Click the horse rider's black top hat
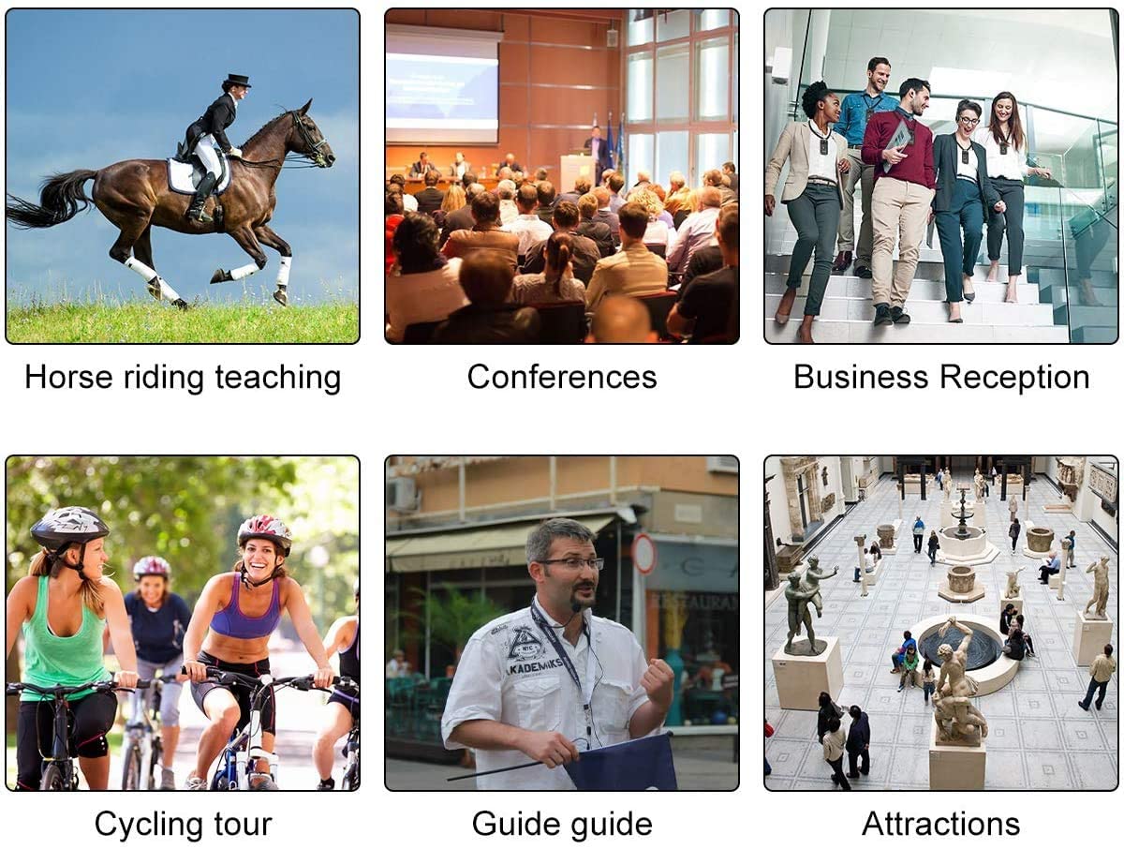pos(236,81)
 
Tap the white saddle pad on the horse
pos(196,174)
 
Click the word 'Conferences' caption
pos(562,378)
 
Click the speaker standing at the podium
pos(597,153)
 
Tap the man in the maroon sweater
pos(900,200)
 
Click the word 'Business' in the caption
pos(861,378)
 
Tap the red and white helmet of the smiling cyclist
pos(264,533)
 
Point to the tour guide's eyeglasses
pos(570,564)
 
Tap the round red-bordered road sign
pos(643,553)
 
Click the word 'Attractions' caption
pos(940,825)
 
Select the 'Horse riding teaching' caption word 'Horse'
pos(68,378)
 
